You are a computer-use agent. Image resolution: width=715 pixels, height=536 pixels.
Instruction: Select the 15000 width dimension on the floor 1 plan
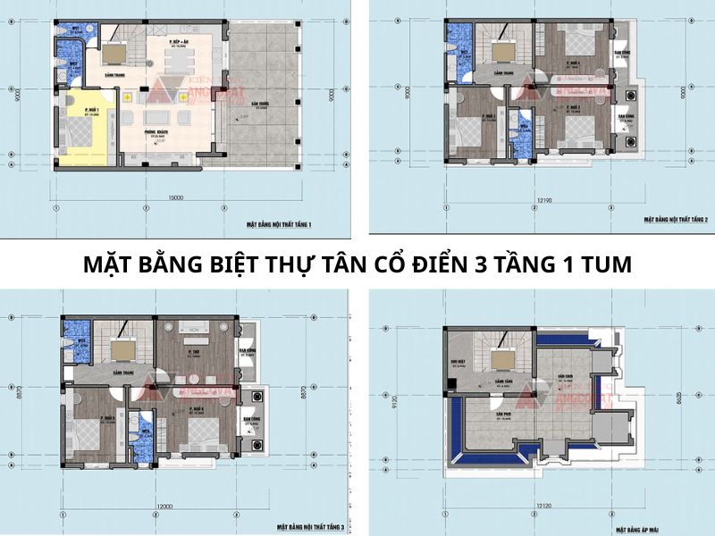click(175, 196)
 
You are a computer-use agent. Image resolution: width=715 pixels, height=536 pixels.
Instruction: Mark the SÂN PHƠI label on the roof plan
click(500, 415)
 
